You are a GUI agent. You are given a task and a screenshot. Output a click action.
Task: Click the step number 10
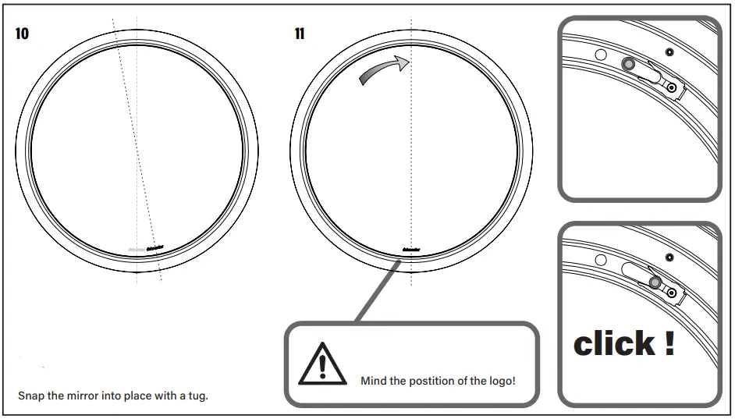22,34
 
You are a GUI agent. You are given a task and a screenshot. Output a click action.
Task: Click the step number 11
300,34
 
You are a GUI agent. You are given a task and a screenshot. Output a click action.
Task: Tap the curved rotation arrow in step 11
384,69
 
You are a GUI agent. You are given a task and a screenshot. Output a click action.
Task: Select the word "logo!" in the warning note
499,382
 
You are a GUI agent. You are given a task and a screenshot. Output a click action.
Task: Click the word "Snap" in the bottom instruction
30,396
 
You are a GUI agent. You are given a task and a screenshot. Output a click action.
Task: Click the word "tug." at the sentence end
198,396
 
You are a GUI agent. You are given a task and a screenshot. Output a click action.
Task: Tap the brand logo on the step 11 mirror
412,250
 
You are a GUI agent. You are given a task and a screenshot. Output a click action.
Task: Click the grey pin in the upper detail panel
627,63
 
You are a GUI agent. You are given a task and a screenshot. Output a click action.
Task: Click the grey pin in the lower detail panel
655,282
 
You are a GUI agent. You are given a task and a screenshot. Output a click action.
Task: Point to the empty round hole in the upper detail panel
601,55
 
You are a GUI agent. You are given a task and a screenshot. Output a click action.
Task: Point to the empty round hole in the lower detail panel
601,260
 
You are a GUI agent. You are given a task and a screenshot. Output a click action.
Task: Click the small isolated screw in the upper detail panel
669,51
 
